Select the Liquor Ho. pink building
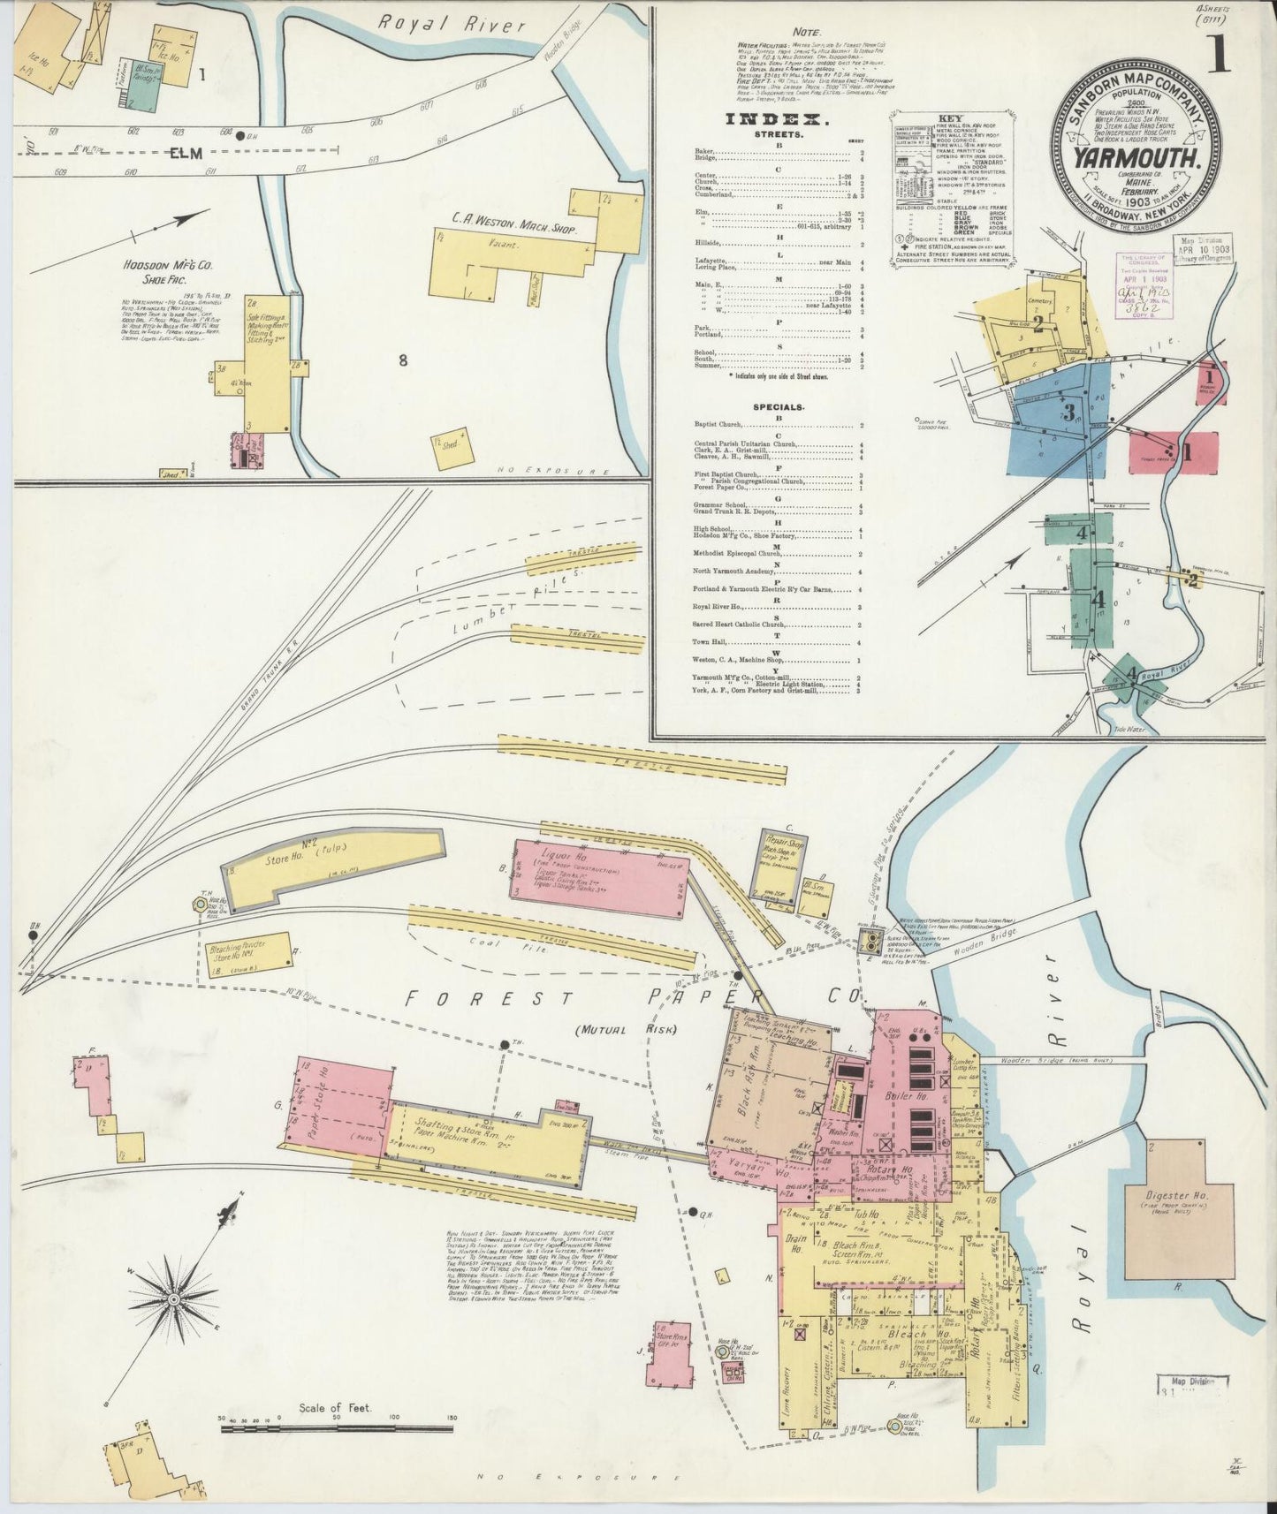599,876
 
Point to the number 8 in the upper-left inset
403,360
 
